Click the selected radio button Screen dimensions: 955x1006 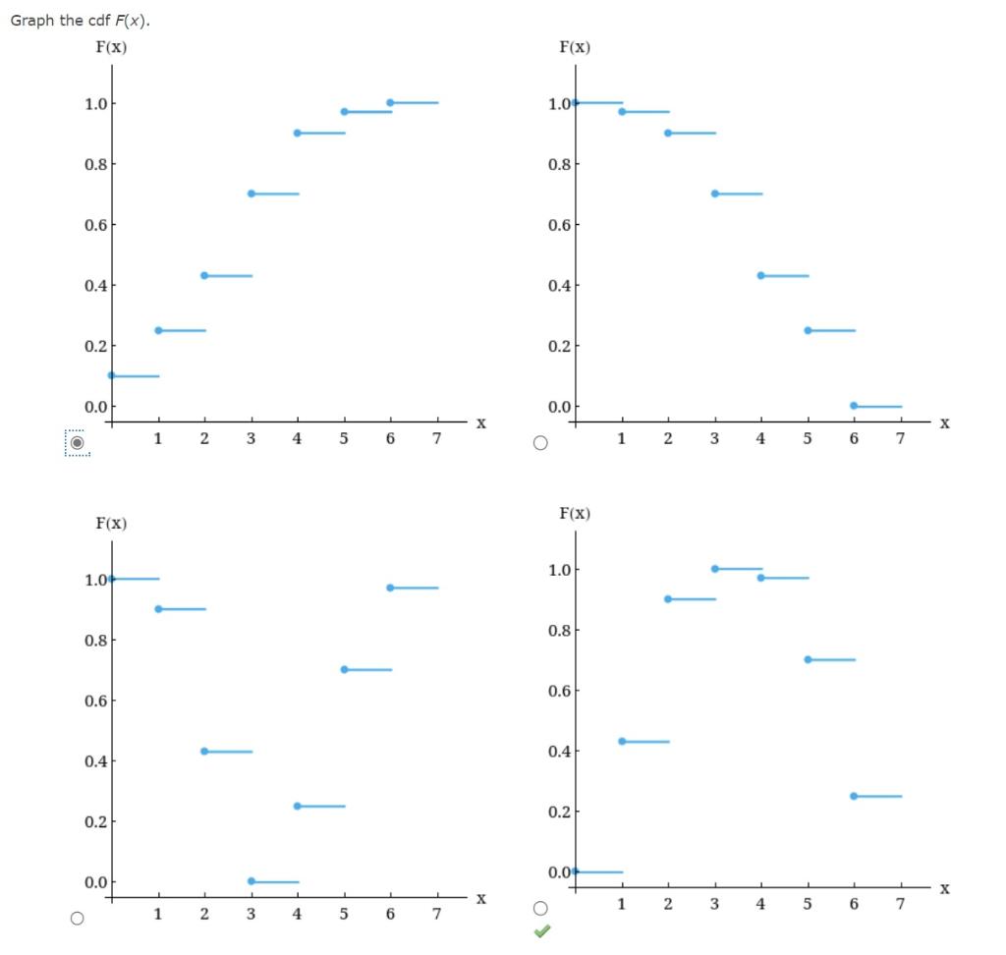pos(77,442)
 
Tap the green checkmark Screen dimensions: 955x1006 pos(540,931)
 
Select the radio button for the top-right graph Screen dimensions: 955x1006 pos(539,442)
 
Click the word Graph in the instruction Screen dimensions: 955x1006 pos(31,21)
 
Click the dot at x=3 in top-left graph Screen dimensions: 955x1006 pos(251,194)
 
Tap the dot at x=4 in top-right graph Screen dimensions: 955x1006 pos(761,275)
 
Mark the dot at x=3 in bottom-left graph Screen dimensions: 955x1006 pos(251,881)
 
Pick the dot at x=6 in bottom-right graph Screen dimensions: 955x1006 pos(854,796)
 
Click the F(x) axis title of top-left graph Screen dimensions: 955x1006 pos(110,46)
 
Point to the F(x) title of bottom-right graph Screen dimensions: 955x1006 pos(575,513)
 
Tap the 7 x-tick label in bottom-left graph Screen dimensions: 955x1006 pos(436,914)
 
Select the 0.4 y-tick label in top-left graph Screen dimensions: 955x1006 pos(96,286)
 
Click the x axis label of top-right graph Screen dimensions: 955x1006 pos(944,423)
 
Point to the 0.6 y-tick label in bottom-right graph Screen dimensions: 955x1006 pos(559,692)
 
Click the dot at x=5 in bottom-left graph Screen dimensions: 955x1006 pos(345,669)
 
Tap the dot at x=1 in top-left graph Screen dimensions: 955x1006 pos(158,330)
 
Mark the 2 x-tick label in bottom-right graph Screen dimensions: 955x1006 pos(668,904)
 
